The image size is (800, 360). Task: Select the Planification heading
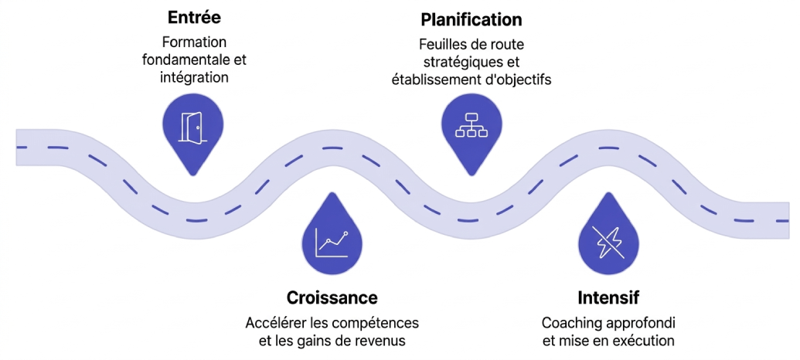pyautogui.click(x=471, y=19)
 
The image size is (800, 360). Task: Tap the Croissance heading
pyautogui.click(x=332, y=297)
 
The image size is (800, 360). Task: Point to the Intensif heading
pyautogui.click(x=608, y=297)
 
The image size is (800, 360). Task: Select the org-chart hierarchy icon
pyautogui.click(x=471, y=126)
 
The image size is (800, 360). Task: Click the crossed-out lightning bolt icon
pyautogui.click(x=608, y=242)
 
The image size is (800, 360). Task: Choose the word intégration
pyautogui.click(x=195, y=77)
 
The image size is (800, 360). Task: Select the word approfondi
pyautogui.click(x=642, y=322)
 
